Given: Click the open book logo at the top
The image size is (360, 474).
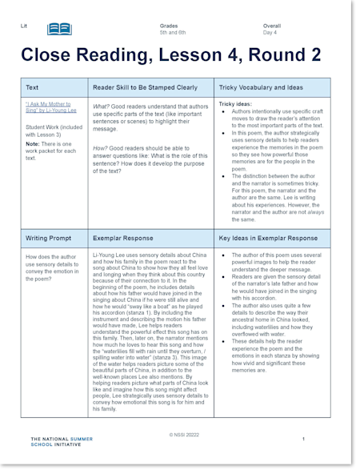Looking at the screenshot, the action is (59, 30).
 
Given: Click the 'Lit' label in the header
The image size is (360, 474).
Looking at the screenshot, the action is (24, 26).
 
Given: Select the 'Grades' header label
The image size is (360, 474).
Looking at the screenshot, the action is (168, 26).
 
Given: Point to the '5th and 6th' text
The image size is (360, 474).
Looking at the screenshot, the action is (174, 33).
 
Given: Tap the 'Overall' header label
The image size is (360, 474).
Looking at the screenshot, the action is (272, 26).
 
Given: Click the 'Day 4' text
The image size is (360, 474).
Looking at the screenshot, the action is (270, 33).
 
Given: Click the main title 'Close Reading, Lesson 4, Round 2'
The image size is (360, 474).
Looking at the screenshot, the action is (171, 55).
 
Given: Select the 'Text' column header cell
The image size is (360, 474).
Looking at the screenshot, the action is (32, 86).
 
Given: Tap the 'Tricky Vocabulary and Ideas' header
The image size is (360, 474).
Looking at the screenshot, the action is (261, 86).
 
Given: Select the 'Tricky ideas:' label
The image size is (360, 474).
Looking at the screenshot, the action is (236, 104).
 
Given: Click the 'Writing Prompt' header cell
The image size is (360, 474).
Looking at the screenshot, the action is (49, 238).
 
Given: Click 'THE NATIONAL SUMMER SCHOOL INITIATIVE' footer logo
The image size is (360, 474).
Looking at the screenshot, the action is (61, 442).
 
